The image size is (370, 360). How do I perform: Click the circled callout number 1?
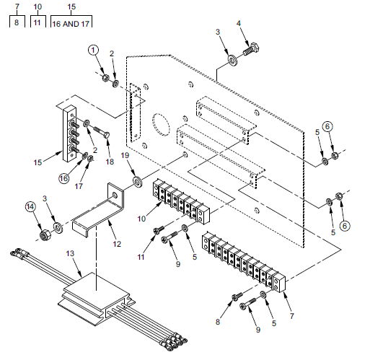(93, 50)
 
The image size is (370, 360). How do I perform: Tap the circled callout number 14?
(30, 207)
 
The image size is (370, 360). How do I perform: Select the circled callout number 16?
(64, 178)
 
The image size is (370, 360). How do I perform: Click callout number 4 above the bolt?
(238, 23)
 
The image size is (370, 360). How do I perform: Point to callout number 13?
(70, 253)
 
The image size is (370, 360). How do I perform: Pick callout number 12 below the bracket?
(117, 244)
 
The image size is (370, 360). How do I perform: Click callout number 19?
(125, 155)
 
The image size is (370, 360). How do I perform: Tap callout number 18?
(110, 162)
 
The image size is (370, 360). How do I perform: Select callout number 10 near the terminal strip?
(141, 219)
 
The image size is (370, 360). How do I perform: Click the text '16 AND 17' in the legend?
(71, 24)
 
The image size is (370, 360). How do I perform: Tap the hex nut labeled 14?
(44, 235)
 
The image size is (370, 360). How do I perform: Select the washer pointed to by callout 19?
(138, 182)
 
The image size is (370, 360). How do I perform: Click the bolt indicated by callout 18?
(100, 133)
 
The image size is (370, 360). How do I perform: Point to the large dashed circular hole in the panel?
(161, 125)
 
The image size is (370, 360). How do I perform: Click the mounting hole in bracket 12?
(115, 196)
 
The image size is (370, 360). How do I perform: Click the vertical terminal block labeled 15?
(69, 133)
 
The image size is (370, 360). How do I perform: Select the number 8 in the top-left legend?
(17, 22)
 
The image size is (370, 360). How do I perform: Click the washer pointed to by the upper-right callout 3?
(232, 61)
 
